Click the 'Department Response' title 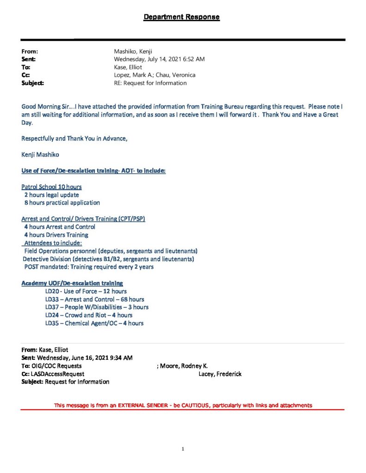pos(181,18)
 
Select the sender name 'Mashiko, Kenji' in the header pos(133,52)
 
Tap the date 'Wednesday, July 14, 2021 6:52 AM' pos(159,60)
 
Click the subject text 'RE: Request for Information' pos(150,83)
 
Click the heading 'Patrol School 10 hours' pos(52,187)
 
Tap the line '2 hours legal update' pos(51,195)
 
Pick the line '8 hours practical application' pos(62,203)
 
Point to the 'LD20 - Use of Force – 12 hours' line pos(86,291)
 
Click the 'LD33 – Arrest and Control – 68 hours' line pos(94,299)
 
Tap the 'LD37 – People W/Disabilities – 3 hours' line pos(97,307)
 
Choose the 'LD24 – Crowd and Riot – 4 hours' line pos(88,315)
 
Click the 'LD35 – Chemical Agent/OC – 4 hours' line pos(94,323)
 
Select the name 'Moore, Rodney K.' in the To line pos(184,366)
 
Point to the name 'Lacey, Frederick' pos(220,374)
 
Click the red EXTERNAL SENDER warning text pos(183,406)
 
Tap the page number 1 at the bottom pos(183,449)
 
